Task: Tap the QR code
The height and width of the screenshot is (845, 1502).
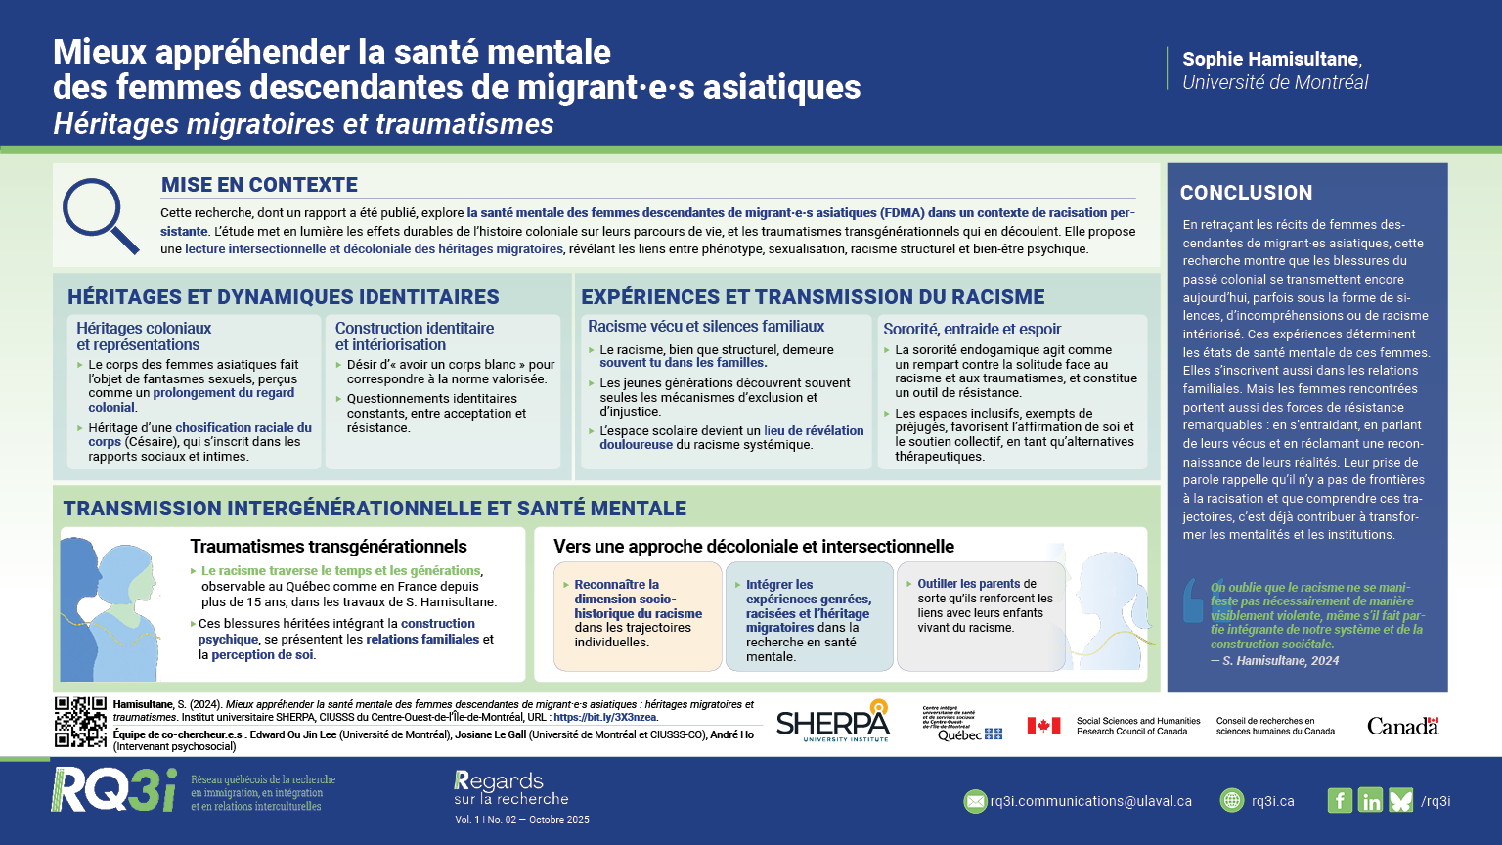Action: coord(80,723)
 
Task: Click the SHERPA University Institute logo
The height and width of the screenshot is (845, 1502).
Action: coord(833,723)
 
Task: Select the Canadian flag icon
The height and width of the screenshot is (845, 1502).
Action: coord(1043,726)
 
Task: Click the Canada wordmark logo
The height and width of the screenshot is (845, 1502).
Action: coord(1402,726)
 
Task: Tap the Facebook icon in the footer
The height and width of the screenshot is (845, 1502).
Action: coord(1340,800)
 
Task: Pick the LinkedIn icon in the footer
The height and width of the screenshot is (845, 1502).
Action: coord(1370,800)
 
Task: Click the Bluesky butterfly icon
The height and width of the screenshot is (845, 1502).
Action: coord(1400,800)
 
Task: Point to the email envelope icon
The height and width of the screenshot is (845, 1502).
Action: coord(975,801)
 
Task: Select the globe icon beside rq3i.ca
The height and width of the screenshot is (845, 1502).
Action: coord(1232,800)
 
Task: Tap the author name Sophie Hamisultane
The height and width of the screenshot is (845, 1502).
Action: coord(1270,59)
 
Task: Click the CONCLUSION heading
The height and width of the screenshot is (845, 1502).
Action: coord(1246,193)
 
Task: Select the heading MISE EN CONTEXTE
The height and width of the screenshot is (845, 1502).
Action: coord(259,185)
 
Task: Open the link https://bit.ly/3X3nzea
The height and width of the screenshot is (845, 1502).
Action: coord(606,717)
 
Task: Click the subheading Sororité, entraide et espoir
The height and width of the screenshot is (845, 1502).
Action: coord(971,330)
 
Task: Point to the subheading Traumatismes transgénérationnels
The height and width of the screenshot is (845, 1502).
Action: coord(328,547)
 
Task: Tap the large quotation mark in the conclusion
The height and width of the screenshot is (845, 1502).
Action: coord(1193,600)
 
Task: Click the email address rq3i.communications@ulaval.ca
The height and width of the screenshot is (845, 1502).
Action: coord(1090,801)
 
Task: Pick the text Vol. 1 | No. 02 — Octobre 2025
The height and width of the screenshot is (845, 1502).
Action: coord(521,820)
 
